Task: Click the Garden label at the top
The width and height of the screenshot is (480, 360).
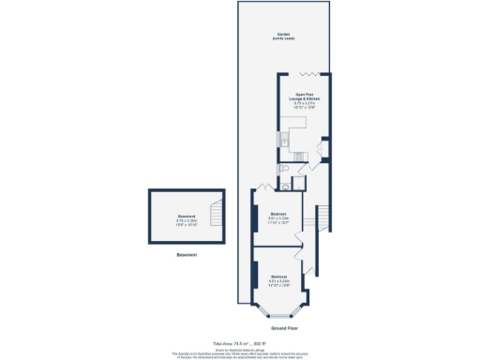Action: [x=282, y=37]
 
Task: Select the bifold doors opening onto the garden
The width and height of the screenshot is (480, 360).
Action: [x=310, y=74]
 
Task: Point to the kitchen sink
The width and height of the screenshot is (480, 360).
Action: [x=280, y=141]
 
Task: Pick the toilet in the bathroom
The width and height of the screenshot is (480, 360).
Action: [x=282, y=183]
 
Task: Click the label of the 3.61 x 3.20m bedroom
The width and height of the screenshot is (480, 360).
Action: [x=277, y=219]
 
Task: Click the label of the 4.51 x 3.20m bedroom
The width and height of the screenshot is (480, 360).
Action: [x=278, y=279]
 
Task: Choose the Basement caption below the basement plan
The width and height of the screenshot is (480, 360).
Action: [x=187, y=256]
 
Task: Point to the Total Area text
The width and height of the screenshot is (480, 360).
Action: [x=240, y=344]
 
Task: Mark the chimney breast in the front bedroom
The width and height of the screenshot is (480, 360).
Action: [x=254, y=273]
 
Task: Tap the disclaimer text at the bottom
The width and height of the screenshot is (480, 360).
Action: [x=240, y=353]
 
